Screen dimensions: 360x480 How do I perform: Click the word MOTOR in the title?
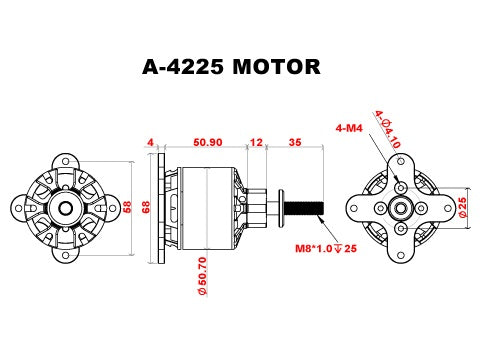click(276, 67)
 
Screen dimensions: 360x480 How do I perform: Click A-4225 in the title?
click(185, 67)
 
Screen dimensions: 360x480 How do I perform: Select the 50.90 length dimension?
click(208, 143)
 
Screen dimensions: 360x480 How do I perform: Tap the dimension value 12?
click(257, 143)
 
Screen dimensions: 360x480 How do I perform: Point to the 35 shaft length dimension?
click(294, 143)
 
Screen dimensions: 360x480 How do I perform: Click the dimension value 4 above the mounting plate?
click(151, 143)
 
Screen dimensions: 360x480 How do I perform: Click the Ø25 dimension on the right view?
click(463, 208)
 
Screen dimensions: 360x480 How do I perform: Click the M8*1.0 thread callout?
click(322, 248)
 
